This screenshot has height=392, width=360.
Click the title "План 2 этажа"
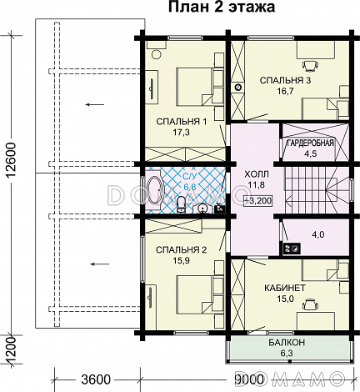click(x=222, y=8)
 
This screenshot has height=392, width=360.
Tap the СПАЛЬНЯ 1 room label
click(x=182, y=122)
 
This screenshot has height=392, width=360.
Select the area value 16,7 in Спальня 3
click(x=285, y=91)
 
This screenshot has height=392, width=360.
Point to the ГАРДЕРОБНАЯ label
click(x=310, y=143)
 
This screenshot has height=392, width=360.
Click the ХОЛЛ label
click(x=257, y=174)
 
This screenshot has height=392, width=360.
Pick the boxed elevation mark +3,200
click(x=258, y=200)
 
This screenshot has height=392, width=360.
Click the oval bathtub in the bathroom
click(x=153, y=190)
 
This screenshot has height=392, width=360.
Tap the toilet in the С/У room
click(x=182, y=204)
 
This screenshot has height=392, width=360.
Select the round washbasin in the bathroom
click(x=203, y=209)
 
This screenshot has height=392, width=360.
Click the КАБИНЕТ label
click(x=285, y=288)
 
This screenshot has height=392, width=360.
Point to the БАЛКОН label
click(x=287, y=342)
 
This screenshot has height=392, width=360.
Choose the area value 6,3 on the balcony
click(x=287, y=354)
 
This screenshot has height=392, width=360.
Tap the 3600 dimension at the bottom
click(x=96, y=379)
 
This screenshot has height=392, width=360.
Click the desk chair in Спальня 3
click(x=310, y=65)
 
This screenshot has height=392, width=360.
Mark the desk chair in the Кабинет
click(x=310, y=304)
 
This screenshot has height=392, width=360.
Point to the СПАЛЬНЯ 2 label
click(x=182, y=250)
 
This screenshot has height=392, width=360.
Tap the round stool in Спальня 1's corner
click(x=157, y=54)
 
